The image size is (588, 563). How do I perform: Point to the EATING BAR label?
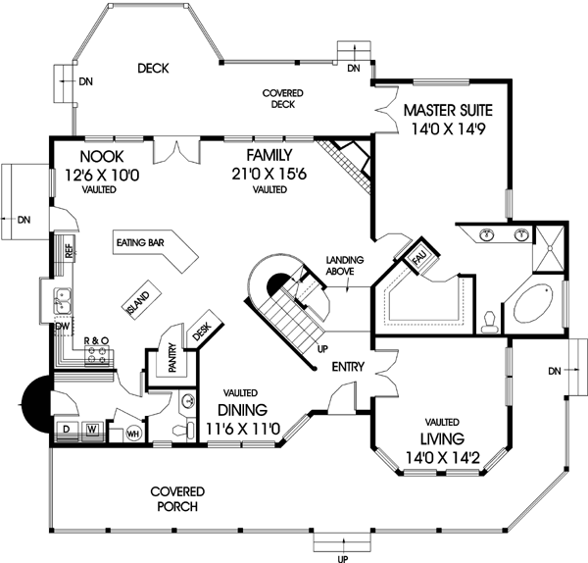138,241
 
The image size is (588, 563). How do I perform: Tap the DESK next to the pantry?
203,332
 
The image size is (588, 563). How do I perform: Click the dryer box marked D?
66,429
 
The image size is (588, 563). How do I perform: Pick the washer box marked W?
90,429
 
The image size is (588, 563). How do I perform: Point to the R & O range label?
96,339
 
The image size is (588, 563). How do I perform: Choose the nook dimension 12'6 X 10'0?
102,176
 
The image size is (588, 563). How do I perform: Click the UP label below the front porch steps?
341,557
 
